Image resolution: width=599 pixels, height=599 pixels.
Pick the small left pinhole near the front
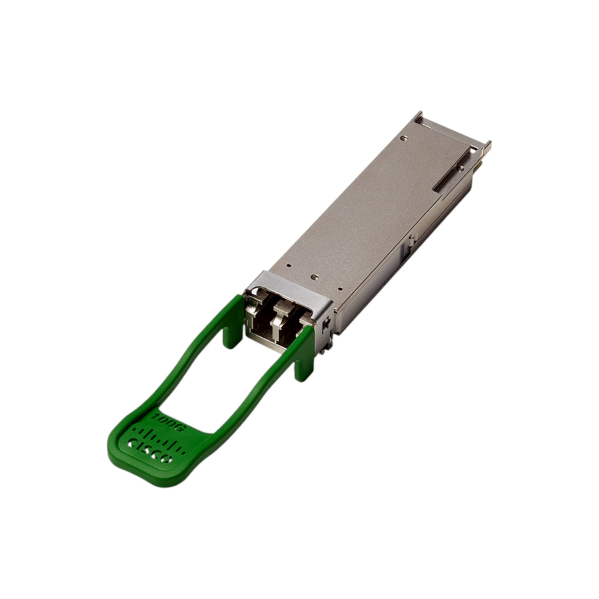click(290, 265)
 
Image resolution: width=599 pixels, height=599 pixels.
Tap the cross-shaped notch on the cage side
click(326, 323)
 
